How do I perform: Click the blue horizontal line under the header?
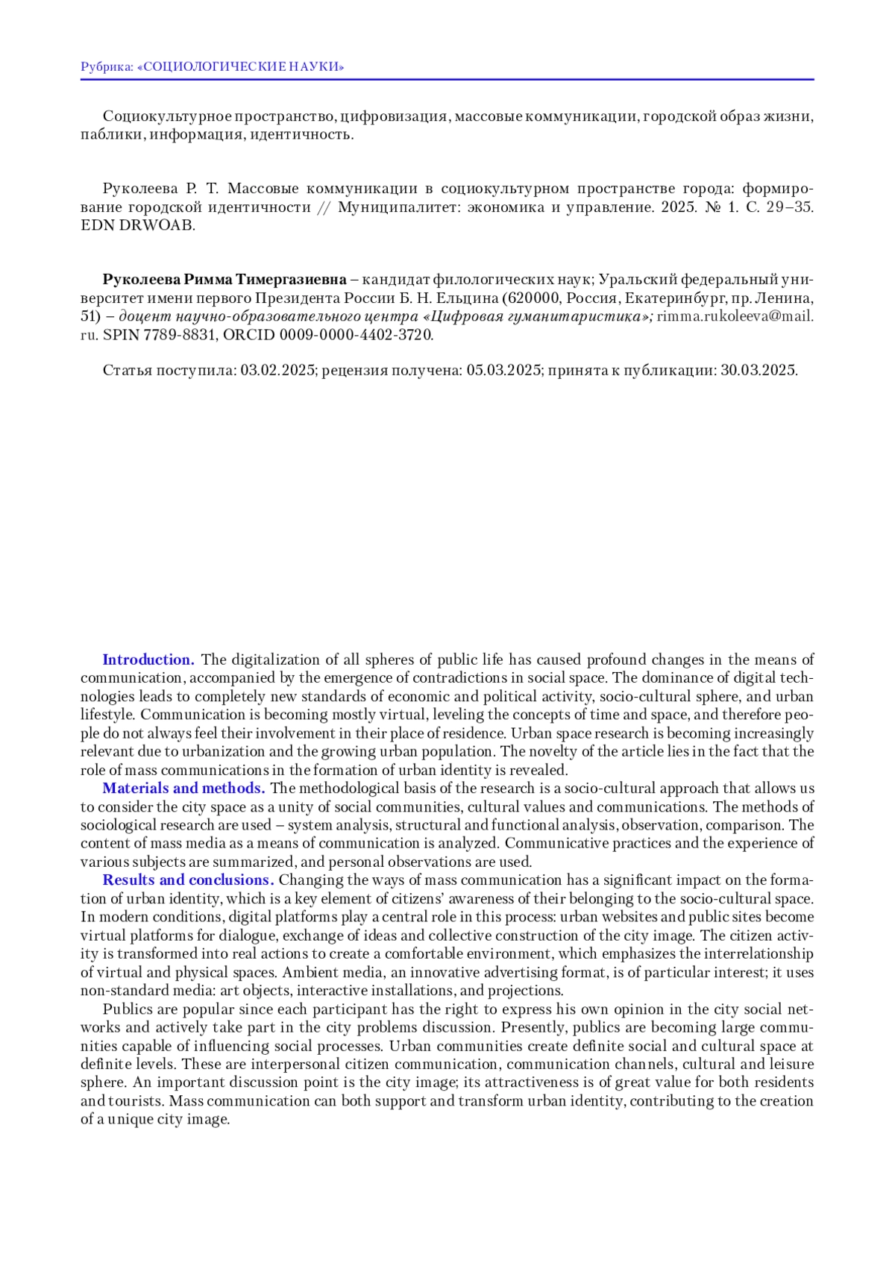(x=447, y=79)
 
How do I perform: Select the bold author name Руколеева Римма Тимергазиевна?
(x=224, y=280)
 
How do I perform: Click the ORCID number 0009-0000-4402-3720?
(x=356, y=335)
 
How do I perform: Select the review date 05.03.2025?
(x=503, y=371)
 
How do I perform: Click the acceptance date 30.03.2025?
(x=758, y=371)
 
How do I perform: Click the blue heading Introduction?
(x=148, y=660)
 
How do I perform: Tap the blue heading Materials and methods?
(x=183, y=789)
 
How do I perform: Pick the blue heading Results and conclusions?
(x=188, y=880)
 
